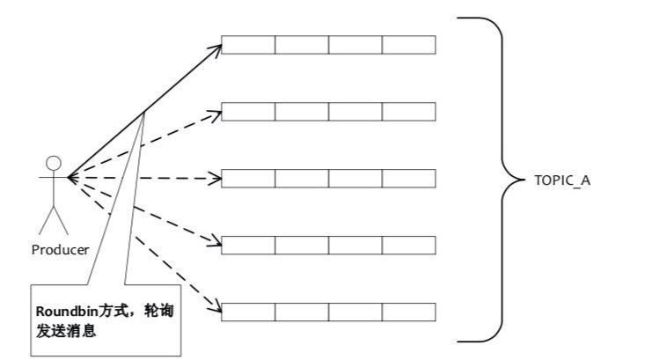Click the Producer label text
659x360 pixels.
[60, 249]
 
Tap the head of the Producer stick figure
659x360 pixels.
[54, 163]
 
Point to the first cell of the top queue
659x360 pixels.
[248, 45]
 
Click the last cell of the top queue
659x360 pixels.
[409, 45]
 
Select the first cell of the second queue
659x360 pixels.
[248, 112]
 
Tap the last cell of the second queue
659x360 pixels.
[409, 112]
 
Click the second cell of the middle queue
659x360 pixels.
[302, 178]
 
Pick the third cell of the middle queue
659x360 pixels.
[355, 178]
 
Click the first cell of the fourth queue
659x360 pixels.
[248, 245]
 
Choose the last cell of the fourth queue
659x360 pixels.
[409, 245]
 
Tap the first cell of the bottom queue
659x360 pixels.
[248, 312]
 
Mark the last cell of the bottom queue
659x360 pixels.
[409, 312]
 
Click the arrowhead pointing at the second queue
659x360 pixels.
[216, 113]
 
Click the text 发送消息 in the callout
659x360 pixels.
[65, 334]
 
